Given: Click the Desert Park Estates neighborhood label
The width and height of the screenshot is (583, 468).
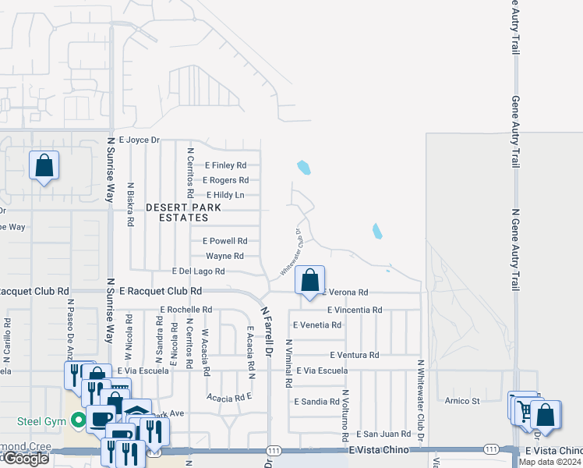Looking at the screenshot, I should [x=183, y=213].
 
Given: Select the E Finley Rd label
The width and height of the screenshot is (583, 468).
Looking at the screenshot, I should [x=225, y=165].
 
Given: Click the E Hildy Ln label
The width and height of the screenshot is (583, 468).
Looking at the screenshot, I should [x=225, y=195].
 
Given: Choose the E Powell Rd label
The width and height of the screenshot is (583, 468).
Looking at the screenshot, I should [x=224, y=241].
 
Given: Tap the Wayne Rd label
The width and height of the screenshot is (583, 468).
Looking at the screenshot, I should [x=224, y=256].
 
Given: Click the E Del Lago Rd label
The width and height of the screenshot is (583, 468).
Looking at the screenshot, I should [x=198, y=271].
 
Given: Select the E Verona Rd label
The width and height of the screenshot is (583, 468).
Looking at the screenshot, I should [x=344, y=292].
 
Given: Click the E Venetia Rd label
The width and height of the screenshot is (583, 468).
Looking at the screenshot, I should [x=316, y=324].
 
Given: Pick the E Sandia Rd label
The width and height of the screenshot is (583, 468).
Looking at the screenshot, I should [x=316, y=402].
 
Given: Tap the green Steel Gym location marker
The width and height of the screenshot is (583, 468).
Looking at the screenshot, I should [x=77, y=421].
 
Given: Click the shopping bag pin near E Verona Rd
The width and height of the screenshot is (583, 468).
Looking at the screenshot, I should [x=310, y=279].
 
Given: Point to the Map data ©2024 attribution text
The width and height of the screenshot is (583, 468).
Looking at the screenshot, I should [x=549, y=462].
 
